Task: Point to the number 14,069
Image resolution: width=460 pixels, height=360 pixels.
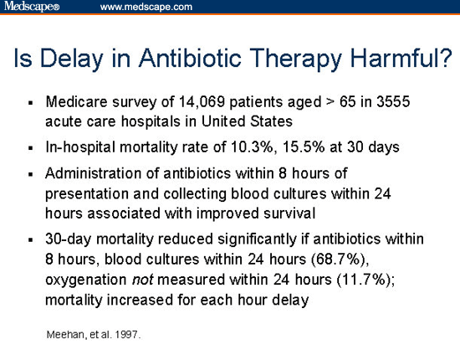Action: (199, 102)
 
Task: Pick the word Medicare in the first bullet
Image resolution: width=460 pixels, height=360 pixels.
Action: (74, 102)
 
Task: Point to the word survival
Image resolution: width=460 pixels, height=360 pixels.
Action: (289, 211)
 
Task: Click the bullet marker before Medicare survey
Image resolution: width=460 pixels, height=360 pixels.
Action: (30, 104)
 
